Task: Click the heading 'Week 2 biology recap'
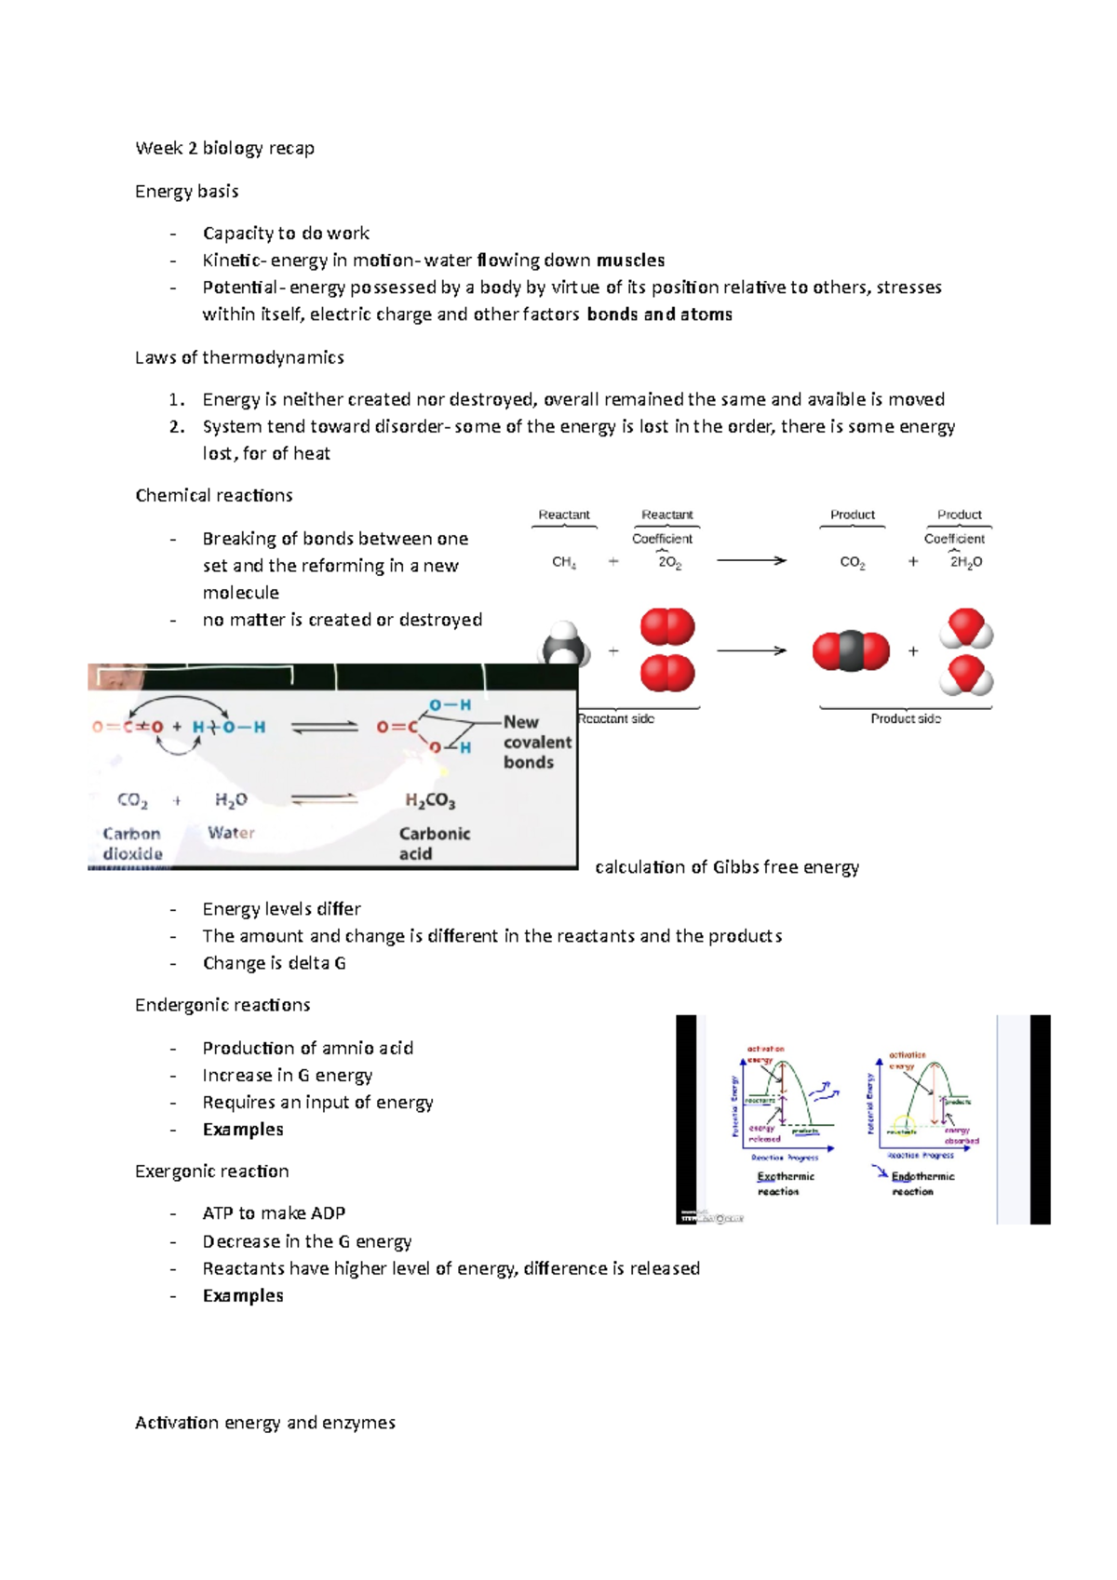[x=224, y=148]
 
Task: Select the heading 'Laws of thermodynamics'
[x=239, y=357]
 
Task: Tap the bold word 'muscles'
[x=630, y=261]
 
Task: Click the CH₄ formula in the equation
[x=564, y=562]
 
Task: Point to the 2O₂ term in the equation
[x=669, y=562]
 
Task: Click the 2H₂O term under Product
[x=965, y=562]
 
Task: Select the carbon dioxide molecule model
[x=851, y=651]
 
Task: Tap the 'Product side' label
[x=905, y=718]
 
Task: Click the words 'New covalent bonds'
[x=536, y=742]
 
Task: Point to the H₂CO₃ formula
[x=430, y=800]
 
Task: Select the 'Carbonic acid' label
[x=434, y=843]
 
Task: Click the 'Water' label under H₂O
[x=231, y=833]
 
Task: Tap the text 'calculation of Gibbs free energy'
[x=726, y=867]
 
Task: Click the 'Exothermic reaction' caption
[x=785, y=1184]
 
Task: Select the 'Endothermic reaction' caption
[x=922, y=1184]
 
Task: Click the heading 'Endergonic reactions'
[x=222, y=1005]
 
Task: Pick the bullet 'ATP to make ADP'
[x=274, y=1213]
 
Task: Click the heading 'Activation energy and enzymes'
[x=265, y=1423]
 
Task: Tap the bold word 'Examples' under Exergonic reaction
[x=243, y=1295]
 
